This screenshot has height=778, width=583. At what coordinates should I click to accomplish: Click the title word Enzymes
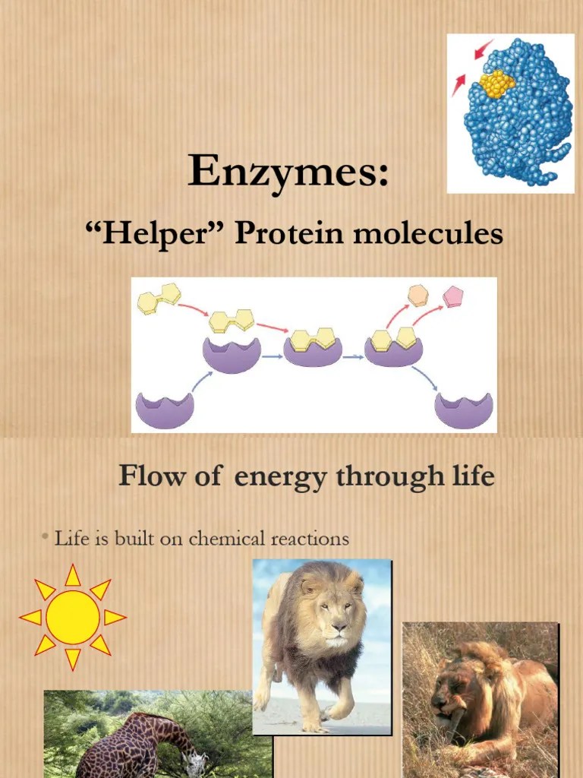pyautogui.click(x=282, y=171)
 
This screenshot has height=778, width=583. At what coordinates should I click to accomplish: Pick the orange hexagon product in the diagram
pyautogui.click(x=418, y=295)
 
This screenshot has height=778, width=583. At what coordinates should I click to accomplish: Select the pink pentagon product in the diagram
pyautogui.click(x=454, y=295)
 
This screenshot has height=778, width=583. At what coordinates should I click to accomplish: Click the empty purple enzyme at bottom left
pyautogui.click(x=165, y=410)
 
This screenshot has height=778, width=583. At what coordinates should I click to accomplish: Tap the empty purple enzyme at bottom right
pyautogui.click(x=464, y=410)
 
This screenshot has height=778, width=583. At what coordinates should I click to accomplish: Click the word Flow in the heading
pyautogui.click(x=150, y=477)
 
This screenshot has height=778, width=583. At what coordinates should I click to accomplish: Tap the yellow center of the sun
pyautogui.click(x=73, y=616)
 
